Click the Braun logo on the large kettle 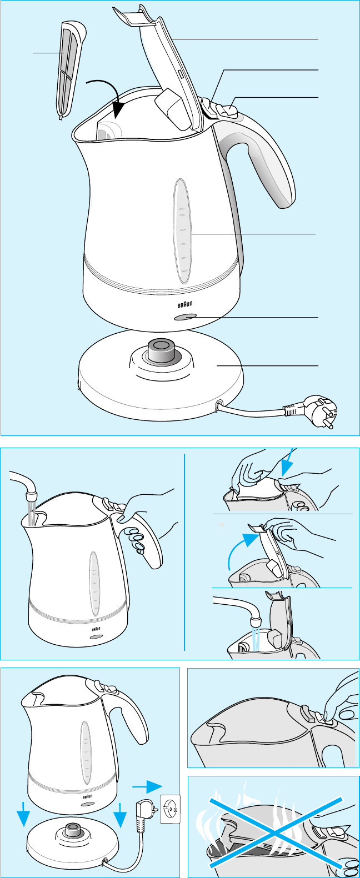[185, 304]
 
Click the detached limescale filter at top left [71, 70]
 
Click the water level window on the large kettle [182, 231]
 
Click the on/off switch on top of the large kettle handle [227, 110]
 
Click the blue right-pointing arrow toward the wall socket [147, 786]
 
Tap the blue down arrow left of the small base [23, 814]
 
